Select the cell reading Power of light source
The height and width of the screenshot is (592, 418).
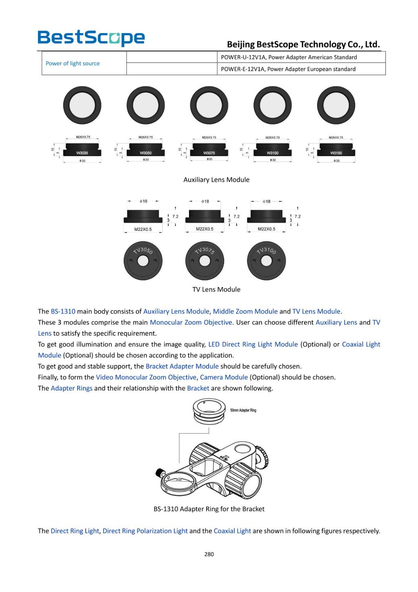point(73,63)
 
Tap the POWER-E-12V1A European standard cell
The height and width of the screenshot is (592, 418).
point(288,69)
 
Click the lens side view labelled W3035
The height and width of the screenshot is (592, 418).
point(82,150)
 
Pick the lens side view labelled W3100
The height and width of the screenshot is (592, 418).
point(273,150)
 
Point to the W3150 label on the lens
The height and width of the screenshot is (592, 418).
point(336,153)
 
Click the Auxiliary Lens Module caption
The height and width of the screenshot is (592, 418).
point(216,179)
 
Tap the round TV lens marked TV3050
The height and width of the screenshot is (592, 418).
point(143,261)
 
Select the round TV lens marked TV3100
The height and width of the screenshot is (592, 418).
point(266,261)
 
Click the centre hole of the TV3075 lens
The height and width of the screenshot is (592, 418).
point(205,261)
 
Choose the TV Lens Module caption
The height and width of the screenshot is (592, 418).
point(216,289)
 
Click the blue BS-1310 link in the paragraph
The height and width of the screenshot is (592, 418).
point(63,312)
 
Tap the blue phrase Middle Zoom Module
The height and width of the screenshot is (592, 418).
point(245,312)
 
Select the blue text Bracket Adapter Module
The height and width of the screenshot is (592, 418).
point(182,366)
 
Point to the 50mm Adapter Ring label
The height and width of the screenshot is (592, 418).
point(243,410)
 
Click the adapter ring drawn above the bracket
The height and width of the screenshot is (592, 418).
point(209,411)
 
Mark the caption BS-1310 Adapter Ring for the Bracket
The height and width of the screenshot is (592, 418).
point(209,509)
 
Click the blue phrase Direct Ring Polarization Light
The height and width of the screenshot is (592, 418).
point(145,531)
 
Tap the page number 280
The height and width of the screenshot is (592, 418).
point(209,554)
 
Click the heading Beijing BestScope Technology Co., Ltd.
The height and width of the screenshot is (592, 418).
point(303,44)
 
